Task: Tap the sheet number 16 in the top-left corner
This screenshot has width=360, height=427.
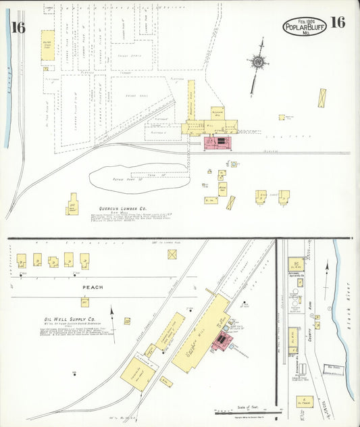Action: point(18,27)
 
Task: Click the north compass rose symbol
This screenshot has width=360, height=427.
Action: point(257,63)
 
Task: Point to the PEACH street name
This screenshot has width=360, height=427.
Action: point(93,287)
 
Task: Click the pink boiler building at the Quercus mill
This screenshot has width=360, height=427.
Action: point(217,143)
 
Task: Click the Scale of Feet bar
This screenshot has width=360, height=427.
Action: point(247,411)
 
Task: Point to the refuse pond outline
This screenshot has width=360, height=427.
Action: point(138,178)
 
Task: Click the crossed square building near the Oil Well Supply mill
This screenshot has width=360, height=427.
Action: point(173,254)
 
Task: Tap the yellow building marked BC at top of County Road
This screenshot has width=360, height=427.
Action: point(295,264)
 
